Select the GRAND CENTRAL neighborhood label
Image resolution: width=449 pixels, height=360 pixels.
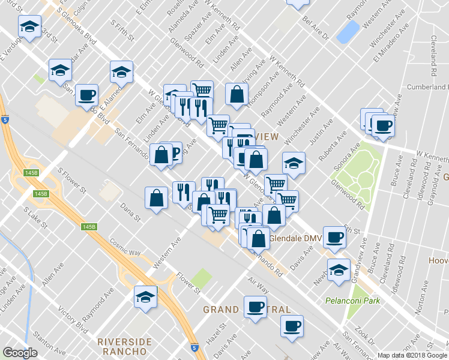(247, 310)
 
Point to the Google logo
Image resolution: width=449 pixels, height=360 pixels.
(20, 353)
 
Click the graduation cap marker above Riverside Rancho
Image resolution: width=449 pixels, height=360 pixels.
(145, 296)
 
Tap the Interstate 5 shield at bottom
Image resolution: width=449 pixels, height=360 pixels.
(194, 347)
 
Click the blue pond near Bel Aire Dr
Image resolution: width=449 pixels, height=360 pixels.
(348, 32)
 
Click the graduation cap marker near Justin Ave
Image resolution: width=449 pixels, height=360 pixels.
(294, 163)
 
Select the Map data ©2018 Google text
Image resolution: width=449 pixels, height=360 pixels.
(412, 355)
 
